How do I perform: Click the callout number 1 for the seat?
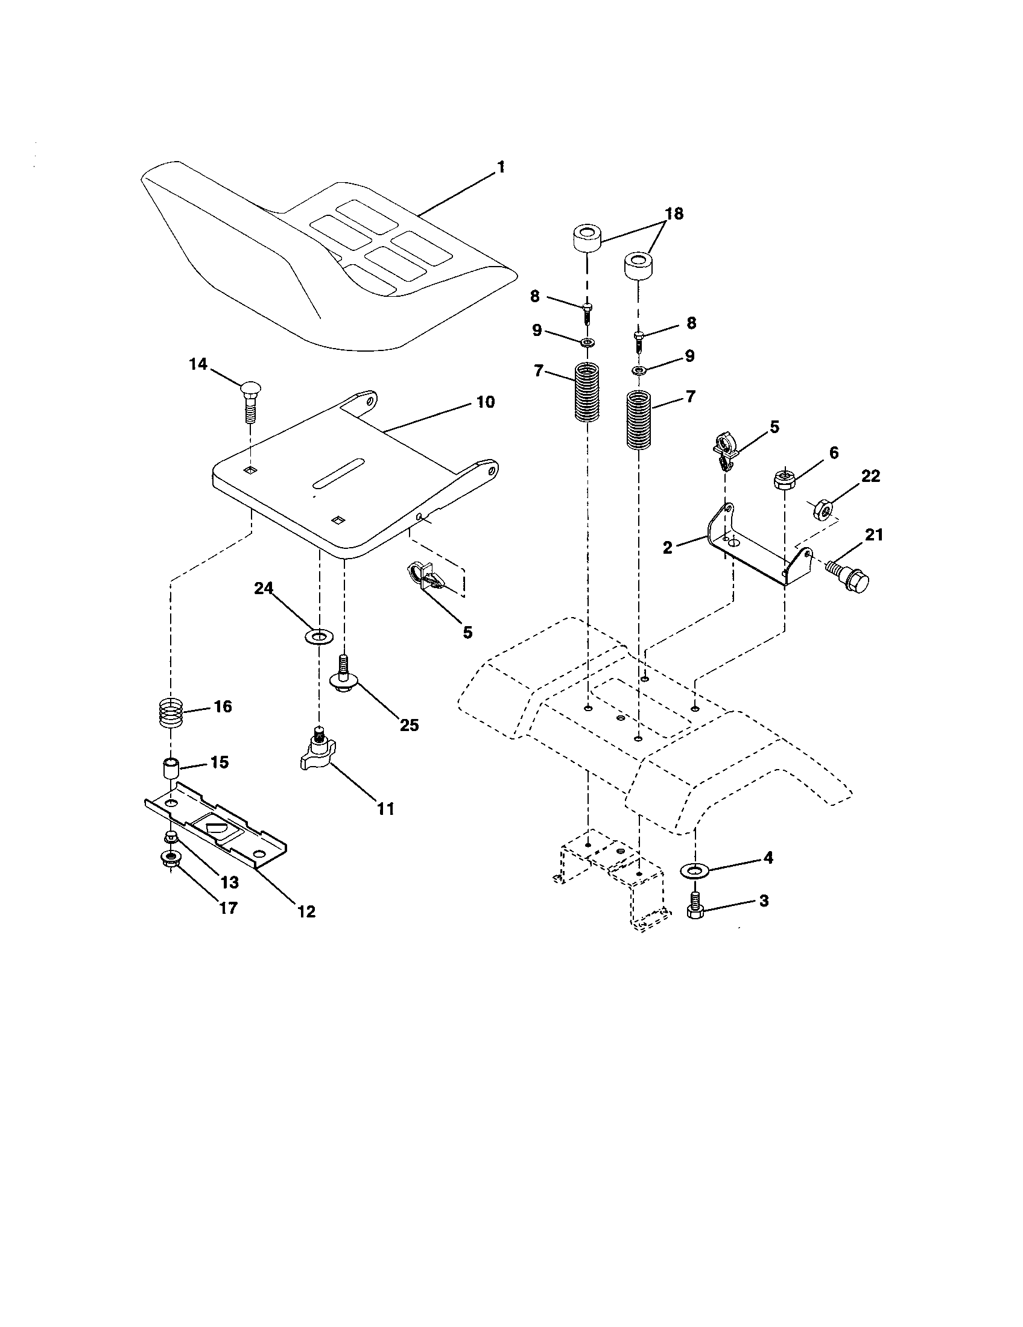(x=501, y=167)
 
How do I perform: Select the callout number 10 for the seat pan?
(x=485, y=402)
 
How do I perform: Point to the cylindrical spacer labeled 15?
(x=171, y=769)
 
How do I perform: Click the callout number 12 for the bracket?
(x=307, y=911)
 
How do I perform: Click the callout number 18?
(x=674, y=214)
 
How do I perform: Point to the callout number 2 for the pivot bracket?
(x=668, y=548)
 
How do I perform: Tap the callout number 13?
(x=229, y=882)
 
